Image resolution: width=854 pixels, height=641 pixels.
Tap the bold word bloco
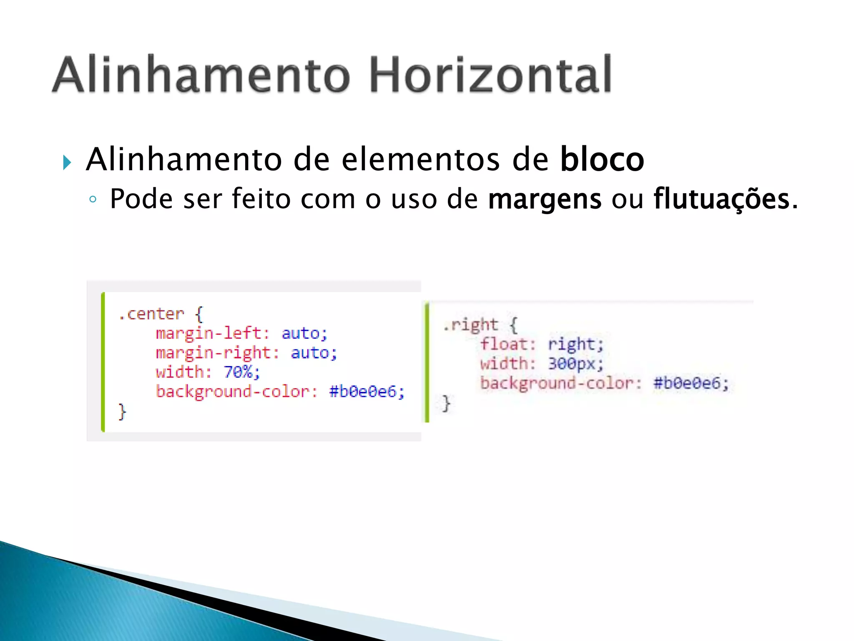coord(602,159)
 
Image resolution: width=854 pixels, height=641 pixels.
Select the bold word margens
coord(545,199)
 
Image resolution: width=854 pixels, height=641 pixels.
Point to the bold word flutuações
coord(721,199)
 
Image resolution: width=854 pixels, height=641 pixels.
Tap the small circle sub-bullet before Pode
coord(93,199)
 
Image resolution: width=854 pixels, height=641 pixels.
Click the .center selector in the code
coord(151,314)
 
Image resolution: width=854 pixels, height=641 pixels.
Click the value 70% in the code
coord(241,372)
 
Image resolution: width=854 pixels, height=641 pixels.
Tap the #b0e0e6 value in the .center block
coord(366,391)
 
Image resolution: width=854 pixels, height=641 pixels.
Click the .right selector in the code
coord(470,325)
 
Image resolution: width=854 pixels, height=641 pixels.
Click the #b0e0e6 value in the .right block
coord(691,383)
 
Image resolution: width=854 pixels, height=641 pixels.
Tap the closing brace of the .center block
coord(122,411)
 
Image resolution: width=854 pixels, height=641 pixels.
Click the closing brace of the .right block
coord(446,403)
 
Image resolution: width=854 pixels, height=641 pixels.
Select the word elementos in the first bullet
coord(420,159)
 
